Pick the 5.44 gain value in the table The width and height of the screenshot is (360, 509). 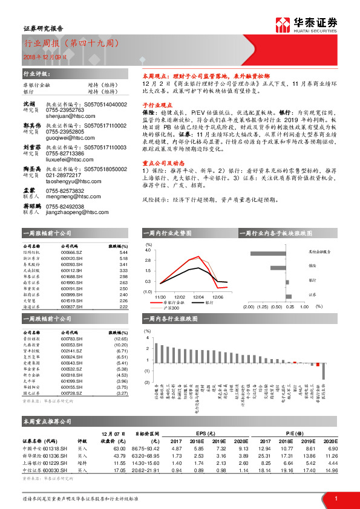coord(123,253)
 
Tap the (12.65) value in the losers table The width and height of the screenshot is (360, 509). coord(120,340)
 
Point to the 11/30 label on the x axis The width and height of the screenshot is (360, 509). coord(160,297)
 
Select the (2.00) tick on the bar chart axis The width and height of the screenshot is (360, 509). coord(250,306)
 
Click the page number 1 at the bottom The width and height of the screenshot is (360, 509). coord(335,498)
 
